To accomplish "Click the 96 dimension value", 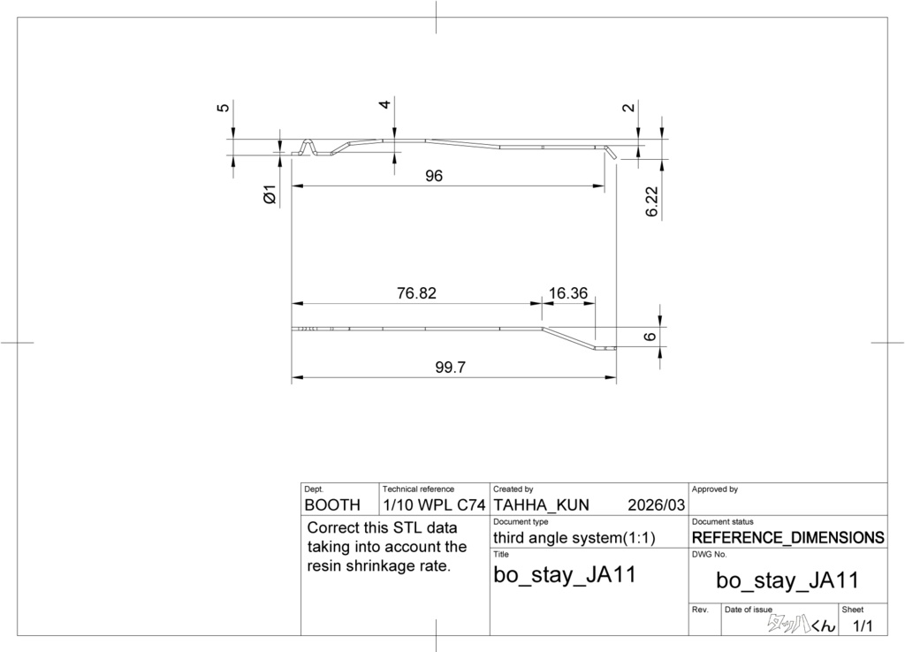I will pos(433,176).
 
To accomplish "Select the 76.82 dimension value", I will pos(416,293).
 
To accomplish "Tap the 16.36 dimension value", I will pos(568,293).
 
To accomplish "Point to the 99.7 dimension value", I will pos(450,368).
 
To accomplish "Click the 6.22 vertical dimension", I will pos(652,201).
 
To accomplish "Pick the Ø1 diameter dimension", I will pos(270,193).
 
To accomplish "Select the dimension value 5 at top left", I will pos(223,108).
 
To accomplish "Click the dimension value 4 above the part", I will pos(384,104).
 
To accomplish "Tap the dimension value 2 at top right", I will pos(628,108).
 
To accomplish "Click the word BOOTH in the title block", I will pos(332,505).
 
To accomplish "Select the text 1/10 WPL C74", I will pos(434,505).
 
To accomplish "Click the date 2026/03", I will pos(656,505).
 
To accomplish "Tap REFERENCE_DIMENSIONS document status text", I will pos(787,537).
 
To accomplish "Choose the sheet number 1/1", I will pos(862,626).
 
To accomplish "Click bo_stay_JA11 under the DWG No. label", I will pos(787,580).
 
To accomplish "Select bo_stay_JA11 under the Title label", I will pos(564,575).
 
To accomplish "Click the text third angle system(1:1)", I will pos(574,537).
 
